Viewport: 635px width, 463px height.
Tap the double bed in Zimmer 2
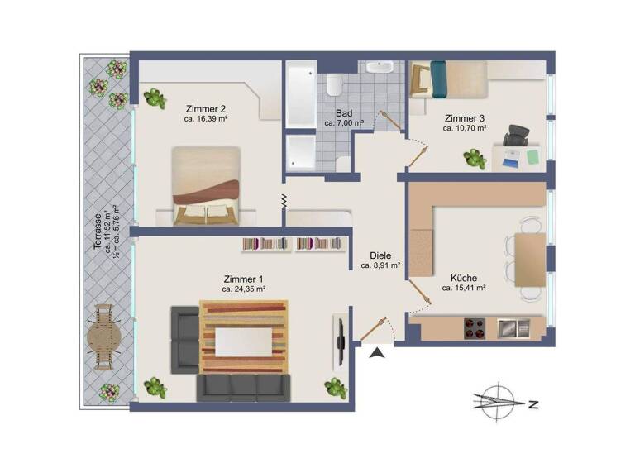click(x=206, y=186)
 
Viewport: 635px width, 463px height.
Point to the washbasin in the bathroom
click(x=381, y=69)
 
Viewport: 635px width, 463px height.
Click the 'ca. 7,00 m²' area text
click(x=345, y=123)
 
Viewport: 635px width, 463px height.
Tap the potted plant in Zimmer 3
click(x=475, y=158)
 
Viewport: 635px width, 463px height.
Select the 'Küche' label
click(x=464, y=278)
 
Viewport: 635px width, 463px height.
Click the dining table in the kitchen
click(x=529, y=259)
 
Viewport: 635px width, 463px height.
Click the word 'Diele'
click(x=381, y=255)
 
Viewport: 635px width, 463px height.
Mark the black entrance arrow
click(x=377, y=354)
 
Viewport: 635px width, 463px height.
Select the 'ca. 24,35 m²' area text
click(x=243, y=289)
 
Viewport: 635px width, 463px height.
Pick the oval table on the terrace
click(x=104, y=337)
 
